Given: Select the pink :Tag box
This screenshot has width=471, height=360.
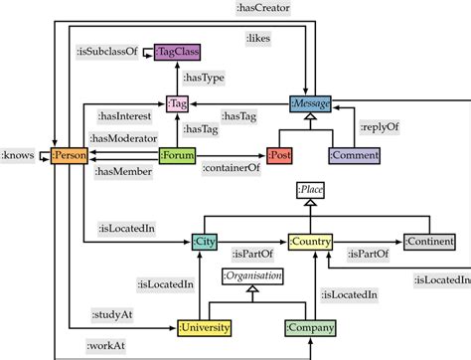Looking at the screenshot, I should click(x=177, y=102).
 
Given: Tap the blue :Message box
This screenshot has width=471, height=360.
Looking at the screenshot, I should click(x=310, y=101).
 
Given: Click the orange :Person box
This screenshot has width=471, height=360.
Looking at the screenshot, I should click(x=70, y=155).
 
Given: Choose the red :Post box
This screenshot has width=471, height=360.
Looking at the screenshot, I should click(x=279, y=155).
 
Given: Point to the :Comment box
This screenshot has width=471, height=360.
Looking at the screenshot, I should click(x=354, y=155).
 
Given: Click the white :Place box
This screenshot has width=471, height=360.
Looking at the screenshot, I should click(x=312, y=189).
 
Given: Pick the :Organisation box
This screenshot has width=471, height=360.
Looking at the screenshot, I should click(x=253, y=275).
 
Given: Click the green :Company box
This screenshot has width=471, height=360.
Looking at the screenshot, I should click(x=310, y=327).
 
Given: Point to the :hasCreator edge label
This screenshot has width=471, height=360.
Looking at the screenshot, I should click(x=264, y=8).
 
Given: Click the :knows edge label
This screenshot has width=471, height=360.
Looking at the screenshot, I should click(x=20, y=155).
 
